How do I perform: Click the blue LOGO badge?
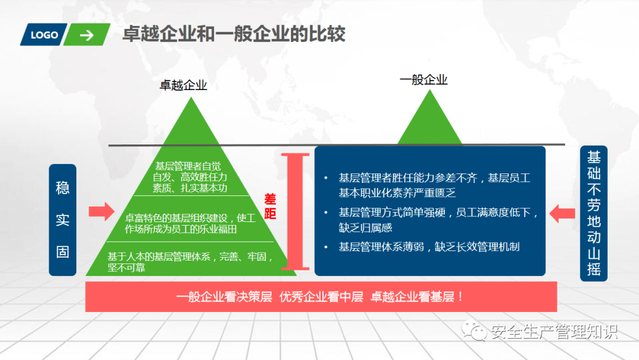coord(44,35)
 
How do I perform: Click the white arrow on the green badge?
coord(87,36)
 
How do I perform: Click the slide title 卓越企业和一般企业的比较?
coord(234,33)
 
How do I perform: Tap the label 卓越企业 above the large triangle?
coord(183,85)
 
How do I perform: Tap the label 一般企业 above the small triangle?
coord(424,79)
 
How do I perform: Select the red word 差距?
coord(270,206)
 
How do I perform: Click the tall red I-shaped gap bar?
coord(295,211)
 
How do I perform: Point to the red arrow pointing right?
coord(102,211)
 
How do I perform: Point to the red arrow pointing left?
coord(563,213)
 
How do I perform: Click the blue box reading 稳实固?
coord(62,220)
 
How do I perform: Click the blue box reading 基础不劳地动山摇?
coord(594,213)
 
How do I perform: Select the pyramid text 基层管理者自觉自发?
coord(190,177)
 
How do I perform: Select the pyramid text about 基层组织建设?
coord(190,223)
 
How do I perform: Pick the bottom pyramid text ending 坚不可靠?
coord(191,262)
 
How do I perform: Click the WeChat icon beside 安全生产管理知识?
coord(474,330)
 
